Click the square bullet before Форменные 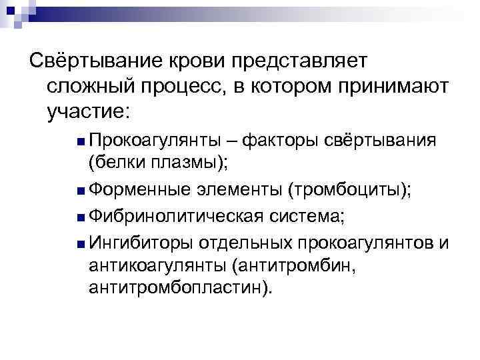80,191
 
